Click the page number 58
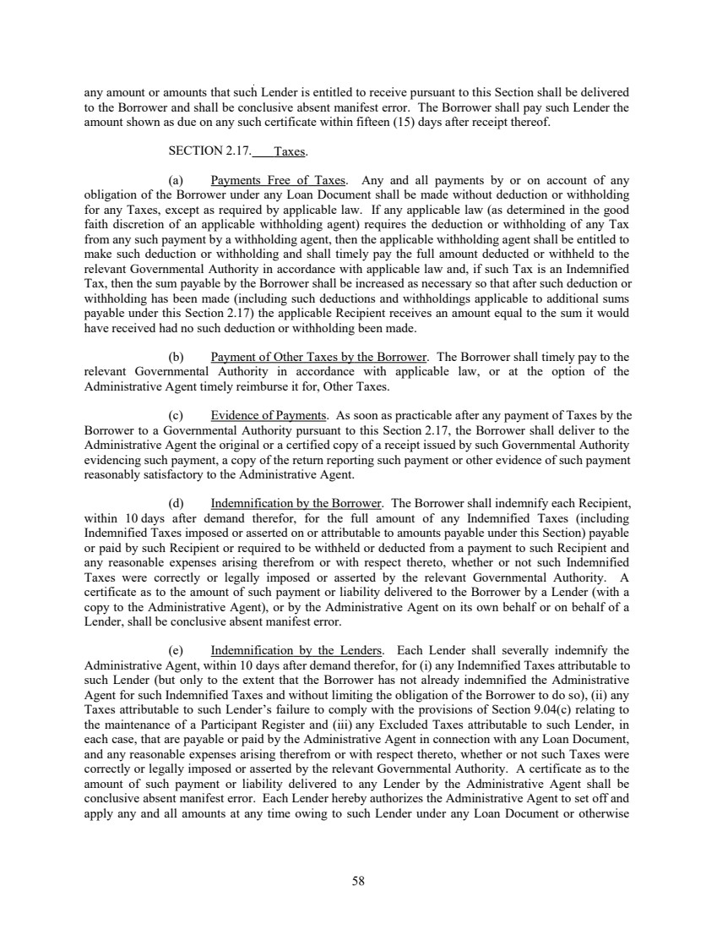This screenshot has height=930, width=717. [x=358, y=881]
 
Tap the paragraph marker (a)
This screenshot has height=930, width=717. [x=177, y=180]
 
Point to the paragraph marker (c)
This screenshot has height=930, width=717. [x=177, y=416]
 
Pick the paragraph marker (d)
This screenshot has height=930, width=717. [x=177, y=501]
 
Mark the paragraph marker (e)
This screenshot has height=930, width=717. [x=177, y=626]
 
